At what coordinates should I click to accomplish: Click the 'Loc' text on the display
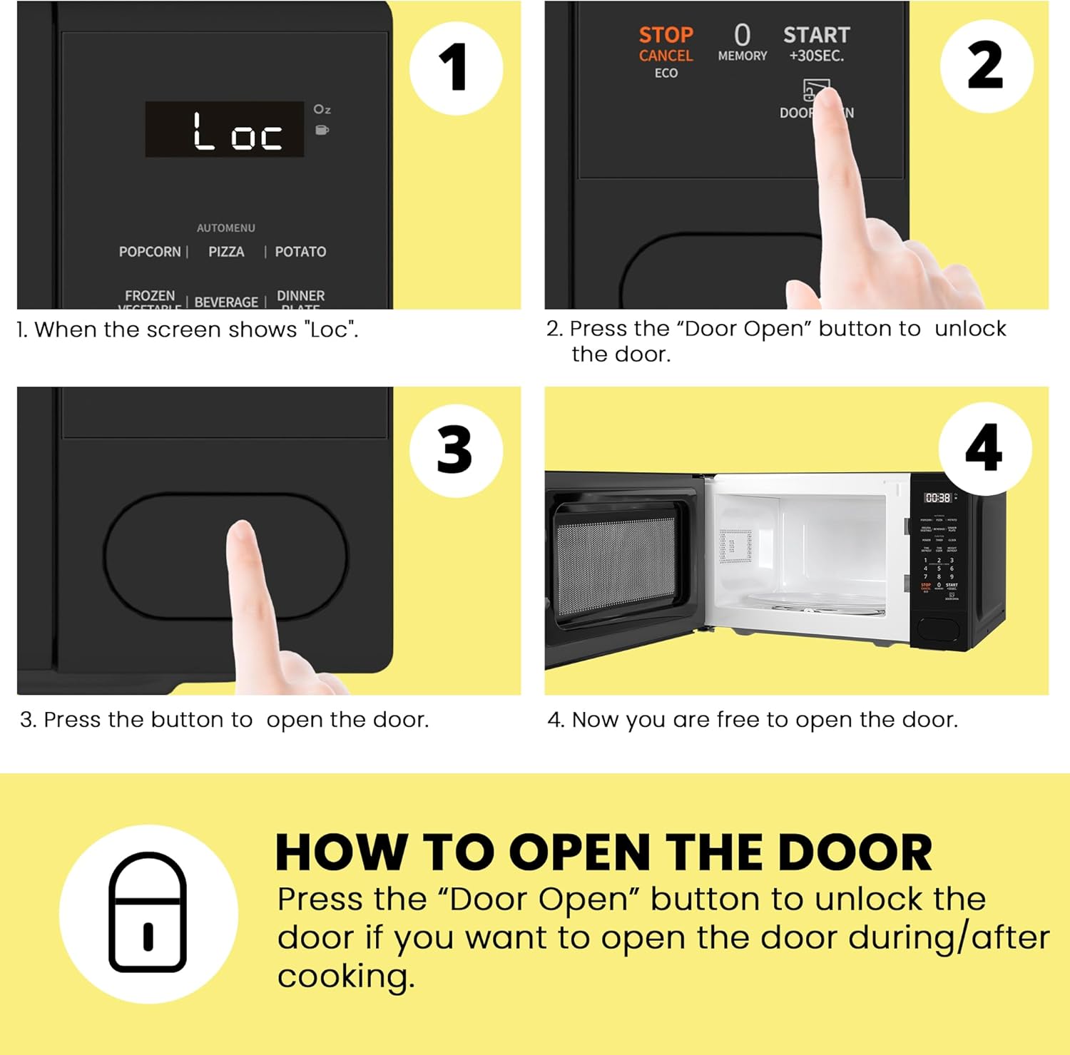pos(237,131)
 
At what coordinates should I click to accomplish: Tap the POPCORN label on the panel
pos(150,252)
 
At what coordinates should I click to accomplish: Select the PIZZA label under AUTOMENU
pos(226,252)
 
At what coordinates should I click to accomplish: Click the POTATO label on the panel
pos(300,252)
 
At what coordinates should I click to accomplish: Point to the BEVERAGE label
pos(226,302)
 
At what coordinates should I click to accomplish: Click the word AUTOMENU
pos(225,228)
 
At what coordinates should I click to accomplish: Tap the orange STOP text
pos(666,35)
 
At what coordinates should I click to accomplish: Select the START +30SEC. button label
pos(816,43)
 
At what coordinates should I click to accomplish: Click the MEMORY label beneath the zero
pos(742,56)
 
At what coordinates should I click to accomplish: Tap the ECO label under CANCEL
pos(666,73)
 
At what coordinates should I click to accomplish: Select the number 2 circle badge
pos(986,66)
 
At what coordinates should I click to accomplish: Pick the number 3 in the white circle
pos(455,450)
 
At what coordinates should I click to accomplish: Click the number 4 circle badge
pos(984,448)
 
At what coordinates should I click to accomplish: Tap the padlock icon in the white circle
pos(148,913)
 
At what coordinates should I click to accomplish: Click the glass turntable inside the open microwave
pos(813,603)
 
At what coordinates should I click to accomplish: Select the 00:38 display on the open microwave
pos(937,498)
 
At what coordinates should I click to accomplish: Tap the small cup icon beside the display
pos(322,130)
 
